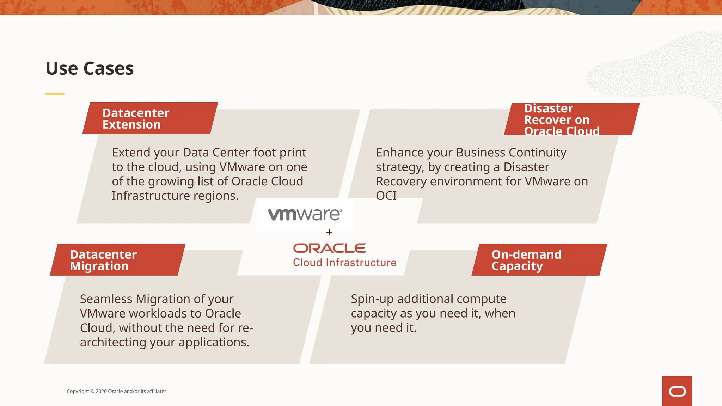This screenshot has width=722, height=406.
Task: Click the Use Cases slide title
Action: click(x=90, y=68)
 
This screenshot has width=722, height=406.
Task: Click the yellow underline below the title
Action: click(x=55, y=94)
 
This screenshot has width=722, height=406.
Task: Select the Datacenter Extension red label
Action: click(x=150, y=118)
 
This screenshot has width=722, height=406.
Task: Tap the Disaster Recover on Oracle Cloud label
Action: click(x=571, y=119)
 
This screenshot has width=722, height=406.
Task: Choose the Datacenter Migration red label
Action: click(x=117, y=260)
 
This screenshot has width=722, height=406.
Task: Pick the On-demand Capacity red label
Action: click(x=539, y=260)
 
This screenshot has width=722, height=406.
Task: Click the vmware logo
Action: click(x=305, y=214)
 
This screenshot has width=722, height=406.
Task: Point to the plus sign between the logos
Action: click(x=329, y=233)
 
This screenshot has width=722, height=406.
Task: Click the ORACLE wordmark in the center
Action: click(x=329, y=248)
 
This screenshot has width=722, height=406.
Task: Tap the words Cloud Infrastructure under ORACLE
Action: click(x=344, y=263)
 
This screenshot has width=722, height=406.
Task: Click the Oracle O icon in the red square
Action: click(x=677, y=391)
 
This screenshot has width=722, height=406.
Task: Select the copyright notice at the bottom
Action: click(x=117, y=391)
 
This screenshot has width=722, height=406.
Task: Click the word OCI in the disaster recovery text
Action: click(x=386, y=196)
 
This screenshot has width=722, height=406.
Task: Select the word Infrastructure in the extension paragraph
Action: click(x=146, y=196)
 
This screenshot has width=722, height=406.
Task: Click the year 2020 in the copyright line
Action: click(x=101, y=391)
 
